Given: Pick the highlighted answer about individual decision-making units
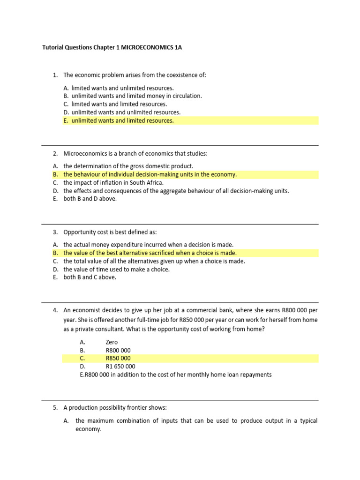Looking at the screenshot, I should (150, 174).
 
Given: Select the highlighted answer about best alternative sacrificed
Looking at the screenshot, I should (150, 253).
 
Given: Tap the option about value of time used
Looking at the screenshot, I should (117, 269).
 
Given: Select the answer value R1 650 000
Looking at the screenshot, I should (120, 366).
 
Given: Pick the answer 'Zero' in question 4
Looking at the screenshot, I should (112, 342).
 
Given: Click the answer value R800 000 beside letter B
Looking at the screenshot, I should (119, 350).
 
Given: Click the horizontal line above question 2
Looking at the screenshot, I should (180, 145).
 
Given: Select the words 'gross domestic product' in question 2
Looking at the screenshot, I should (163, 166).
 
